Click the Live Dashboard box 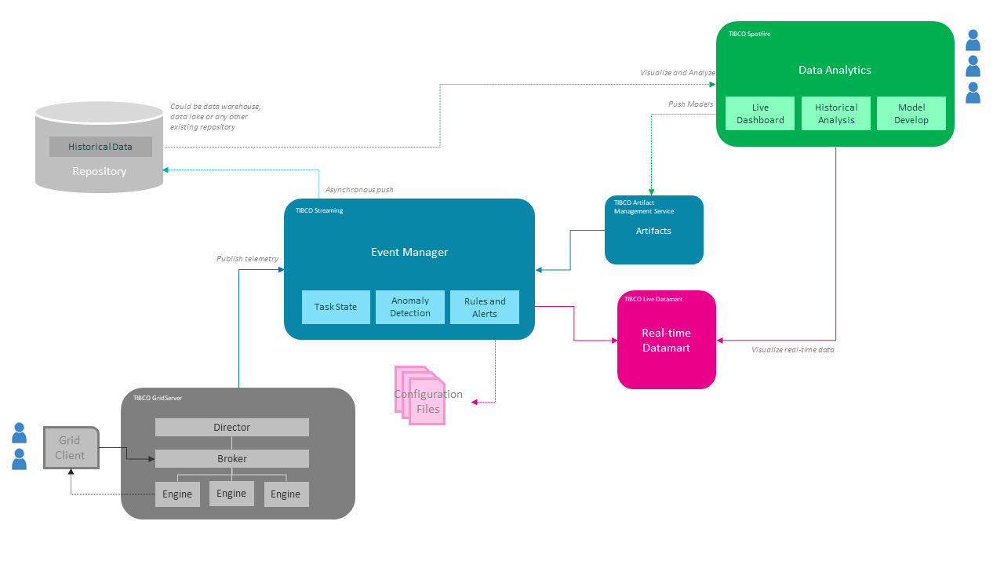[760, 114]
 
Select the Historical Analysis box [836, 114]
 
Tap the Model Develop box [911, 114]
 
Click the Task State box [336, 307]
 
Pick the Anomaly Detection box [410, 307]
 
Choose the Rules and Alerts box [485, 307]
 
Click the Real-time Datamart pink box [666, 340]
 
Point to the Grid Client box [71, 448]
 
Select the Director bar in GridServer [232, 428]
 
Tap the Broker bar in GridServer [232, 459]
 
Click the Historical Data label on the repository [100, 147]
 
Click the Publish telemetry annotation [247, 258]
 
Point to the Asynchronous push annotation [359, 190]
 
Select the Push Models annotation [690, 104]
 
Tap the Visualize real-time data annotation [792, 350]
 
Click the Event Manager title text [409, 252]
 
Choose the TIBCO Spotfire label [749, 35]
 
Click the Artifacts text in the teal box [653, 231]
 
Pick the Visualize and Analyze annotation [678, 73]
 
